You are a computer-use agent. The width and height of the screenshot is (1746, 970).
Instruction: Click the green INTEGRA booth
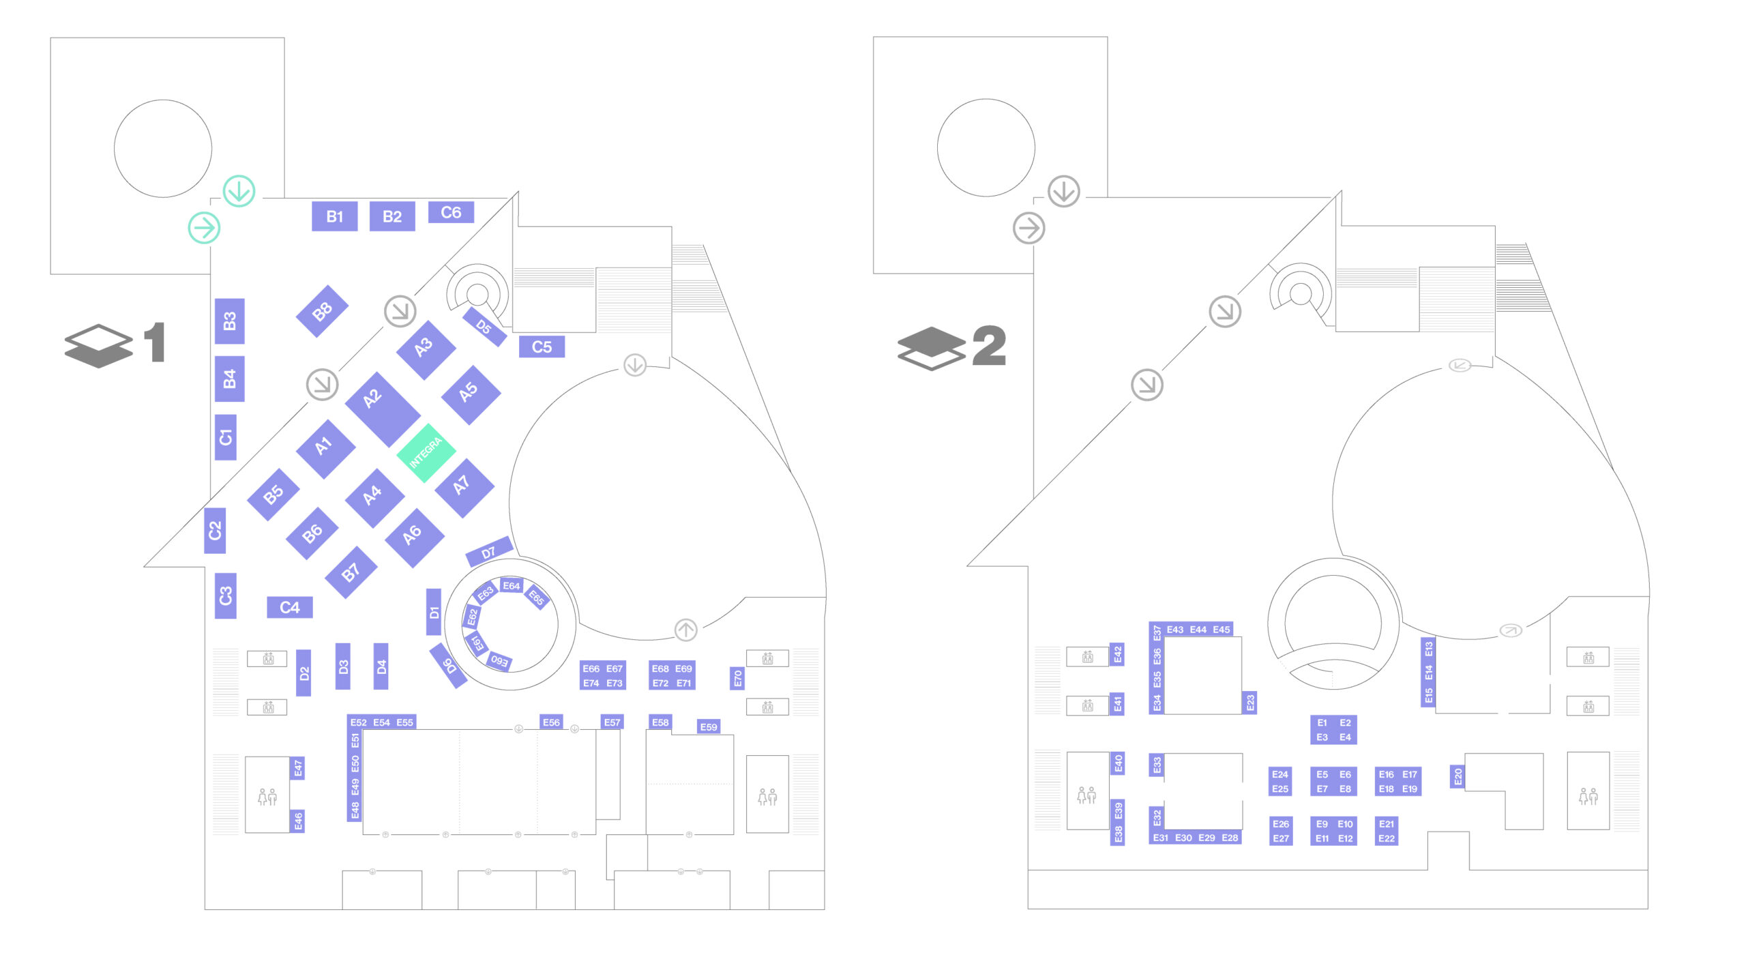click(426, 453)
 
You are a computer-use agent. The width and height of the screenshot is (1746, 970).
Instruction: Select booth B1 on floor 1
click(334, 216)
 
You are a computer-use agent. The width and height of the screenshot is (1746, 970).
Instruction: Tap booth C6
click(451, 212)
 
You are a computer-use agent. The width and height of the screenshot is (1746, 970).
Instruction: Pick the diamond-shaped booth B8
click(322, 311)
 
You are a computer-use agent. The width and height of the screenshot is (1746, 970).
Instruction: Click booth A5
click(471, 394)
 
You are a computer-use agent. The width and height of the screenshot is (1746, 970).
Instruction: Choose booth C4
click(289, 607)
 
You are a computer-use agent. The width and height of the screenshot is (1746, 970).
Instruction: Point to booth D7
click(489, 551)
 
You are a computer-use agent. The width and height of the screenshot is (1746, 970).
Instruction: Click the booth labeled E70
click(737, 678)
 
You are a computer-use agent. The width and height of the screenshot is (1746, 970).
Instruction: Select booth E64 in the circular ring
click(511, 585)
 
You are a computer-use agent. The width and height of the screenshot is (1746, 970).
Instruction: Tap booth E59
click(709, 726)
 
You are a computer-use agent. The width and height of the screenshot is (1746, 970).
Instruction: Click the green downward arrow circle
click(239, 191)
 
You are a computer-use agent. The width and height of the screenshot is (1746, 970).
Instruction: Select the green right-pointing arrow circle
click(204, 227)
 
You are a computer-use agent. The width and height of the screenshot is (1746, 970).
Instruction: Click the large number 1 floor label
click(156, 342)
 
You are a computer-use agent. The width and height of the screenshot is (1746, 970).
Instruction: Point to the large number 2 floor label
click(989, 345)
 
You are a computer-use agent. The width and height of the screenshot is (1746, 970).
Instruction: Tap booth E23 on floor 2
click(1249, 703)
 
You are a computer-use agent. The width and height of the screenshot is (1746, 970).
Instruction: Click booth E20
click(1458, 776)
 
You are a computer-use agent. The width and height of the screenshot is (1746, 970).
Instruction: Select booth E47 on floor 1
click(298, 768)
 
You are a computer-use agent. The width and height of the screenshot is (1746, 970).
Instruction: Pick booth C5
click(542, 347)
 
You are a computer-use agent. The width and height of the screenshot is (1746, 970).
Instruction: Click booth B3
click(230, 321)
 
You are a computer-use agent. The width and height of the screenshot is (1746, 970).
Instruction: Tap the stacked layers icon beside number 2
click(931, 348)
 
